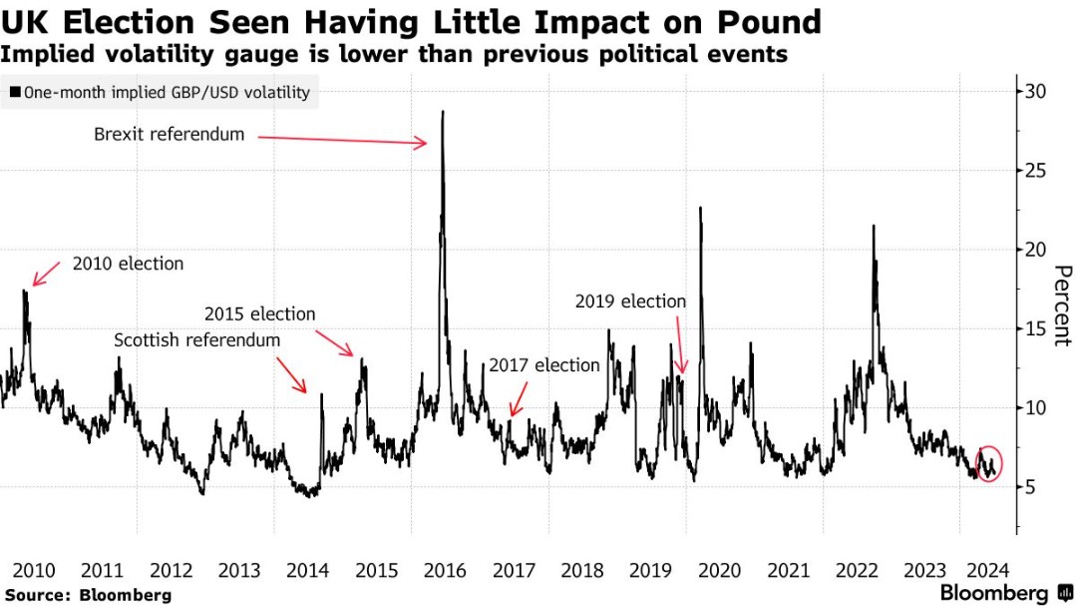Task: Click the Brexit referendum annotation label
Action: pos(169,134)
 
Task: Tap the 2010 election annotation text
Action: pos(128,265)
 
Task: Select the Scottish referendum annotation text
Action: pos(197,340)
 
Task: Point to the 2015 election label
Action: pos(259,314)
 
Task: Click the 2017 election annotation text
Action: pos(543,365)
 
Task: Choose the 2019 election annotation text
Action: pos(630,302)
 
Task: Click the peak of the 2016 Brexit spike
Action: pos(442,112)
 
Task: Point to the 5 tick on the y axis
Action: pos(1030,487)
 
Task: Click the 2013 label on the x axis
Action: pos(239,571)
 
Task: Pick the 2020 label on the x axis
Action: pos(719,571)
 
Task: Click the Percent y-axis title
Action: pos(1061,305)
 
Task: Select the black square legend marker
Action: pos(15,93)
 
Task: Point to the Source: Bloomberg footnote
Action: pos(87,595)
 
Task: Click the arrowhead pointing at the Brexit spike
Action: pos(424,144)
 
